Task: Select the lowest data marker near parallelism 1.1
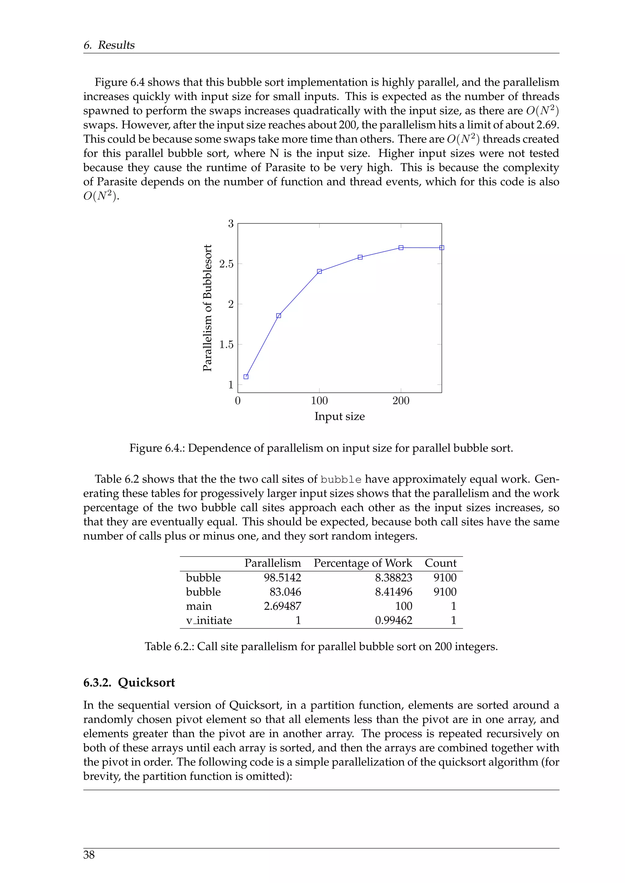point(246,377)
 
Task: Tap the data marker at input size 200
point(401,248)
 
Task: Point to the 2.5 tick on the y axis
point(226,264)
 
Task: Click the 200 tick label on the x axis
point(401,401)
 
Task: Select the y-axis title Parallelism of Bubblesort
point(208,308)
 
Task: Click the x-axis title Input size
point(339,416)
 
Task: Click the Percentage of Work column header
point(363,563)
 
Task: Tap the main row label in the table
point(199,606)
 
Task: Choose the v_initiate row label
point(209,620)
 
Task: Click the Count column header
point(440,563)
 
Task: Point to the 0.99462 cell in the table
point(393,620)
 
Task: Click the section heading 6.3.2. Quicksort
point(129,682)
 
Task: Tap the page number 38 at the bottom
point(89,855)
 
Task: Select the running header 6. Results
point(109,45)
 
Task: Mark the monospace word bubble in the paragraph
point(341,480)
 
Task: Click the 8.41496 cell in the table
point(393,592)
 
